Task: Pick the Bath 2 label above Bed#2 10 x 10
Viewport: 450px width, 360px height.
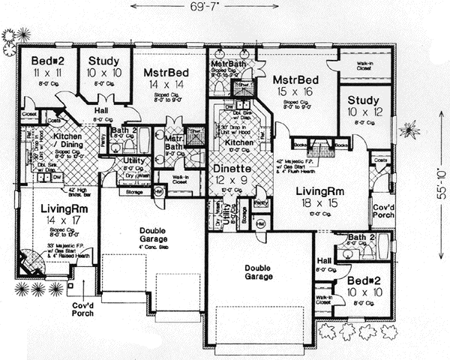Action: pyautogui.click(x=356, y=238)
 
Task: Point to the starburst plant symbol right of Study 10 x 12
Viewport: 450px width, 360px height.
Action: pyautogui.click(x=410, y=130)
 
